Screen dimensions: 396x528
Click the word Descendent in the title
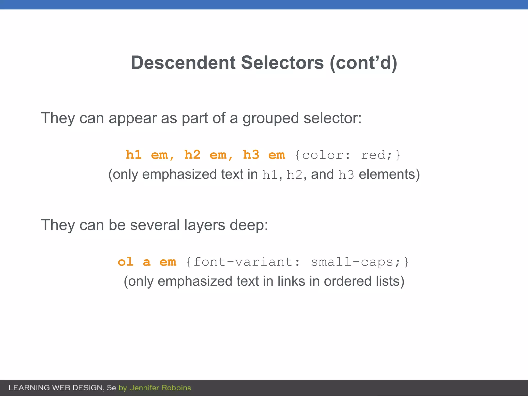click(x=183, y=63)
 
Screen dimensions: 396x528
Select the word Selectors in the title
click(x=282, y=63)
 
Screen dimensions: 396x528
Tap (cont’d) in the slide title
click(x=364, y=63)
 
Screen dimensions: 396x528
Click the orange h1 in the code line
click(x=134, y=155)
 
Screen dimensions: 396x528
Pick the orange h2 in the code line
click(x=192, y=155)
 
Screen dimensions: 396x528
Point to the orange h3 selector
click(x=251, y=155)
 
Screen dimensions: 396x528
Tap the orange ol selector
click(x=126, y=262)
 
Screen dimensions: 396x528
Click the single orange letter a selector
click(x=146, y=262)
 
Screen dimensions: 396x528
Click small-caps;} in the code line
click(x=360, y=262)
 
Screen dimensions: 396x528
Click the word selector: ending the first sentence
click(x=333, y=118)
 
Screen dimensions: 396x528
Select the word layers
click(x=204, y=225)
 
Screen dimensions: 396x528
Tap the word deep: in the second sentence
click(x=249, y=225)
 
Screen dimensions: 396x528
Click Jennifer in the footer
click(x=144, y=388)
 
